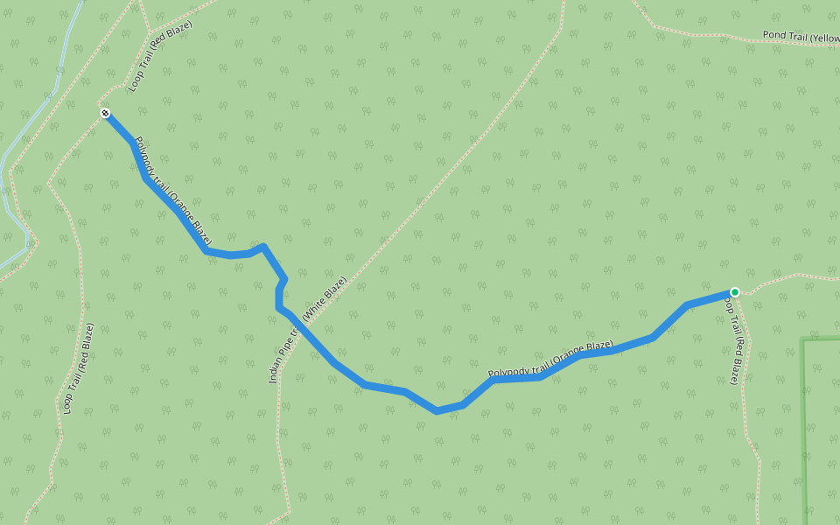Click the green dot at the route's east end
click(x=735, y=291)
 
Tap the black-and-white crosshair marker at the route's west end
click(x=105, y=113)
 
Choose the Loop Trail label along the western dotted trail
click(x=78, y=368)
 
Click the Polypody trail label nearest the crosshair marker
click(x=173, y=190)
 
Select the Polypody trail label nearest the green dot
click(x=550, y=360)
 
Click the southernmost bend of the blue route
click(x=436, y=410)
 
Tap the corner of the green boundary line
click(x=804, y=339)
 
